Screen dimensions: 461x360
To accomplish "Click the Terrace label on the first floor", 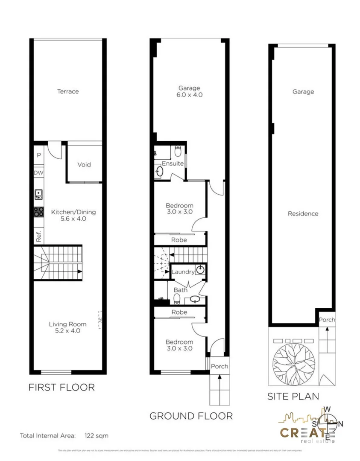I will point(68,91).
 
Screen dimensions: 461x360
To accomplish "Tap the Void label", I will point(84,164).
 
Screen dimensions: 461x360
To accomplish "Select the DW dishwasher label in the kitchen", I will point(38,172).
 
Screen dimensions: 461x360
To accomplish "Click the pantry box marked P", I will point(38,155).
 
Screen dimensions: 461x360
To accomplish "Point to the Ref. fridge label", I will point(38,236).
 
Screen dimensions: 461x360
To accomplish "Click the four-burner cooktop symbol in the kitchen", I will point(38,212).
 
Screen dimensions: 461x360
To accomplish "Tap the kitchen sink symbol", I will point(38,195).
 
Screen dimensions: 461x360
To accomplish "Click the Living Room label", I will point(67,324).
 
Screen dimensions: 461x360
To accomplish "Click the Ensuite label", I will point(173,163).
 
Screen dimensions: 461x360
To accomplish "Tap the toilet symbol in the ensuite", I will point(178,151).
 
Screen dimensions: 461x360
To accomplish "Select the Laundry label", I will point(183,271).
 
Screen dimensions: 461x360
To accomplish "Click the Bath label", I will point(180,290).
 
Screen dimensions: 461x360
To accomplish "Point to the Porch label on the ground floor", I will point(220,366).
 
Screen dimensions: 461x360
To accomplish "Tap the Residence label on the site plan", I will point(303,213).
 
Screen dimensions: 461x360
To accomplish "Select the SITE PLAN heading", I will point(293,396).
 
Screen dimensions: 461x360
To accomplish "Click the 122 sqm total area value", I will point(97,436).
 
